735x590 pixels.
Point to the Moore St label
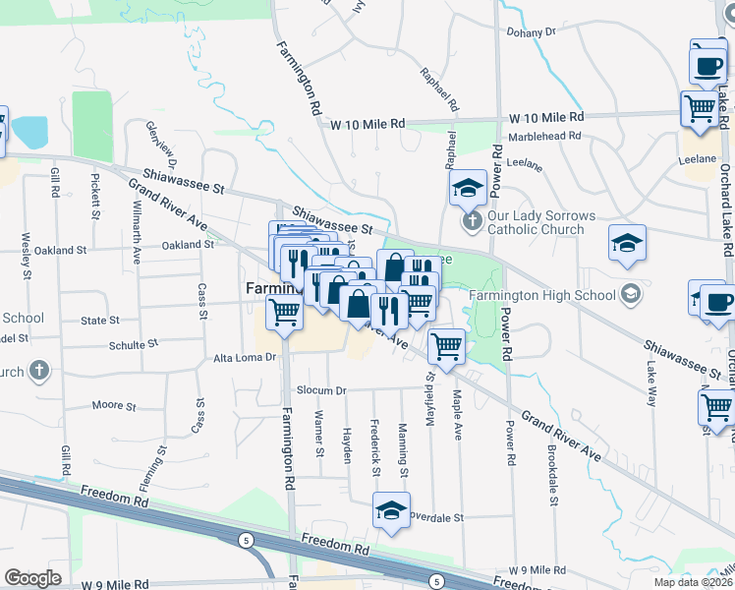[x=107, y=405]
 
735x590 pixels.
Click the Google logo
[x=32, y=578]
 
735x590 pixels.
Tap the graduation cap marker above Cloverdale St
[x=390, y=511]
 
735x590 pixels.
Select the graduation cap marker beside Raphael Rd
[x=468, y=185]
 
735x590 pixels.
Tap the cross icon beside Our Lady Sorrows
[x=472, y=219]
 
